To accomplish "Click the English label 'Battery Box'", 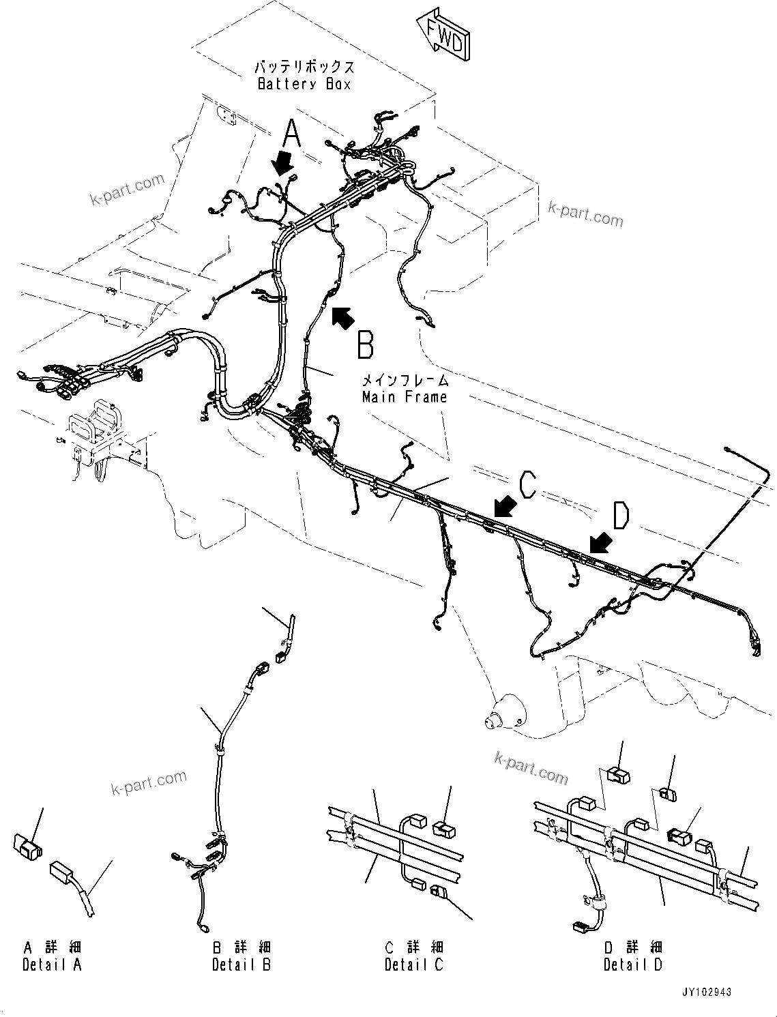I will pos(304,84).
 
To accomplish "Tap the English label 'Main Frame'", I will pos(405,397).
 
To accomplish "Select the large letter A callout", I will pos(292,133).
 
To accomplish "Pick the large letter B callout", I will pos(366,344).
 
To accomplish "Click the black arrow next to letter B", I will pos(342,317).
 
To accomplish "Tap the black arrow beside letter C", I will pos(505,507).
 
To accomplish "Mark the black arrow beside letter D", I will pos(600,542).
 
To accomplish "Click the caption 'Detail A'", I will pos(52,964).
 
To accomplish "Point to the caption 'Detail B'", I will pos(241,964).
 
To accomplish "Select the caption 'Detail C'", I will pos(413,964).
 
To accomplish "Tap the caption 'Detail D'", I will pos(632,964).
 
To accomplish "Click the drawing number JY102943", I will pos(705,992).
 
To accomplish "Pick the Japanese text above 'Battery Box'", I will pos(304,68).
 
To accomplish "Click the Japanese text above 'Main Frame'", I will pos(405,381).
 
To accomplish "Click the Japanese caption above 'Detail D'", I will pos(632,947).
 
